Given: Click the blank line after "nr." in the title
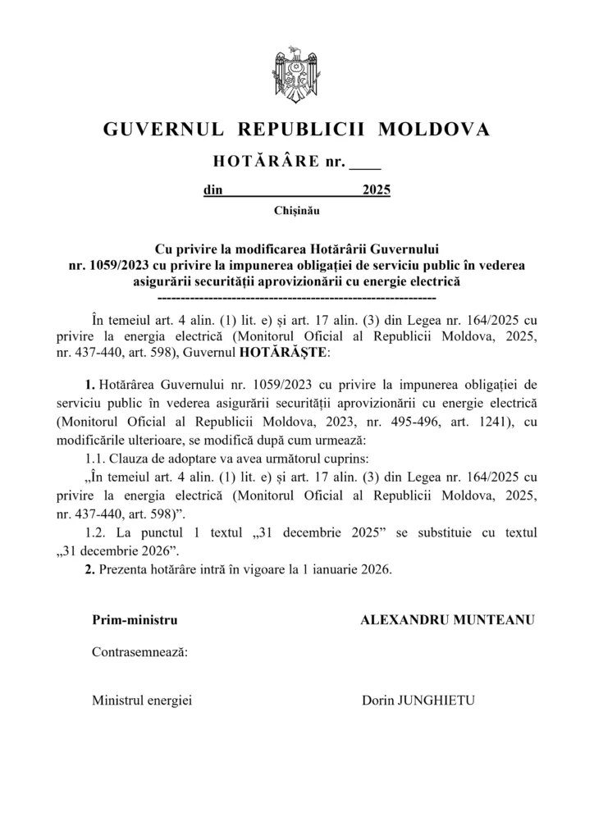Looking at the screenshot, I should click(365, 163).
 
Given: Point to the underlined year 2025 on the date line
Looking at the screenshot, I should click(376, 191).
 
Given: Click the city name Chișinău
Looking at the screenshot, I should click(297, 211).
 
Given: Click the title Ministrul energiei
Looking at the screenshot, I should click(141, 701).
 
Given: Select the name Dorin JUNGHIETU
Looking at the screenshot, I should click(418, 701).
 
